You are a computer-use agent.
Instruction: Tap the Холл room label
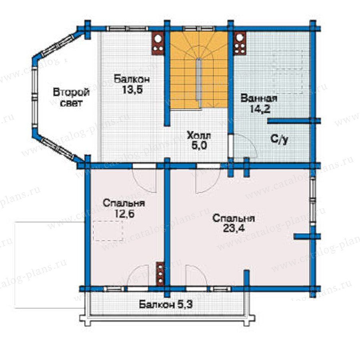(x=199, y=136)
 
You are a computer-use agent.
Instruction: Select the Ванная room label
(x=259, y=98)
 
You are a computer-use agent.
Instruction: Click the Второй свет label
(x=71, y=98)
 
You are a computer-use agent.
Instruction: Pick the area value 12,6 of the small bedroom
(x=124, y=214)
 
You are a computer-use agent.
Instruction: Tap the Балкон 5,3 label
(x=166, y=305)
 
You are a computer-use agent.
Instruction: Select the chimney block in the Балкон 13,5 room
(x=158, y=43)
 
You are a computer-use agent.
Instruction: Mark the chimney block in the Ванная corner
(x=240, y=43)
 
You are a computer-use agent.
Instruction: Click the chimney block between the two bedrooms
(x=160, y=274)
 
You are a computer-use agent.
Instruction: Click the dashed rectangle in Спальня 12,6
(x=108, y=231)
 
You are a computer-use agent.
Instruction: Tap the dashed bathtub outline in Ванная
(x=287, y=59)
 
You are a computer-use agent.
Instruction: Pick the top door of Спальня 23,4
(x=208, y=178)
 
